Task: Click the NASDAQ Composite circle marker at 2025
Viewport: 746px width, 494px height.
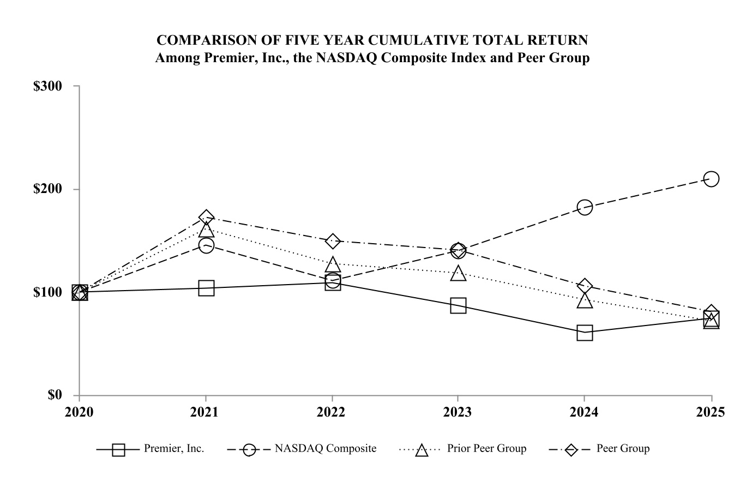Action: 711,179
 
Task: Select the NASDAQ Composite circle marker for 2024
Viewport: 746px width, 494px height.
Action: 585,207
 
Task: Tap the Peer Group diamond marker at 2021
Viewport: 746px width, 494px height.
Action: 206,218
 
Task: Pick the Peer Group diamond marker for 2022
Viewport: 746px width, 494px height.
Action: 333,241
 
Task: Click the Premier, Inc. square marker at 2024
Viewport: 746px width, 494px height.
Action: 585,333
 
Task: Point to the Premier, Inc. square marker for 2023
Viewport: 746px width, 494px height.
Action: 458,305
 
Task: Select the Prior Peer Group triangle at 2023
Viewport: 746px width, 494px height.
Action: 458,274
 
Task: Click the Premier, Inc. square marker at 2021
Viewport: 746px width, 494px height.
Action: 206,288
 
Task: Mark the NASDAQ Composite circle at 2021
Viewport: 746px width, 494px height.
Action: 206,245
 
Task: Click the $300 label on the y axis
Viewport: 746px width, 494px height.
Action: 48,86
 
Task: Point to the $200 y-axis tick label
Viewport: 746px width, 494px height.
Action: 48,189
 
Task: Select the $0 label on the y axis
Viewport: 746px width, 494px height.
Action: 55,395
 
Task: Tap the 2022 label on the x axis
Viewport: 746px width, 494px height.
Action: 332,412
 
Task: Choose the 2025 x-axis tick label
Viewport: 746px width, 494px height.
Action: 711,412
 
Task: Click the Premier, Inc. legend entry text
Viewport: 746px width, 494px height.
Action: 174,449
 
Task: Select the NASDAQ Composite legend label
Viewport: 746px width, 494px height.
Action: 326,449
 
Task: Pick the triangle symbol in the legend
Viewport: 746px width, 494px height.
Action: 422,450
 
